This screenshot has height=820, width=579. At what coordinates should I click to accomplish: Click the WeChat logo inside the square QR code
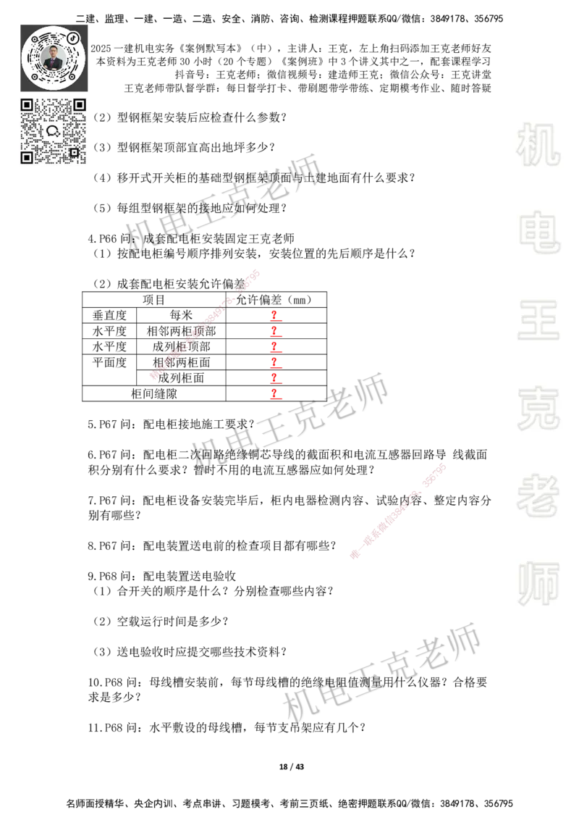pyautogui.click(x=53, y=131)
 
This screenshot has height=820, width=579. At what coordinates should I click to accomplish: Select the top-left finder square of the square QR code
pyautogui.click(x=27, y=105)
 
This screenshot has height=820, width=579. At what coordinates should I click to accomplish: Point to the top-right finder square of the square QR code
pyautogui.click(x=79, y=105)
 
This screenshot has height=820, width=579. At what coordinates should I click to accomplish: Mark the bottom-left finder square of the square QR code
pyautogui.click(x=27, y=157)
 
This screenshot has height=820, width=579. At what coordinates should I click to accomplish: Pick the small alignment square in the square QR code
pyautogui.click(x=73, y=152)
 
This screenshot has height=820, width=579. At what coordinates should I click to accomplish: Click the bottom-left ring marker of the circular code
pyautogui.click(x=35, y=76)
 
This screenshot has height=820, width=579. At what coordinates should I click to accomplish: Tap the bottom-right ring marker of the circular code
pyautogui.click(x=72, y=76)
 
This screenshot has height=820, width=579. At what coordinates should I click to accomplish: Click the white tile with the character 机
pyautogui.click(x=538, y=145)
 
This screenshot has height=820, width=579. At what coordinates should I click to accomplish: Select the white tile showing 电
pyautogui.click(x=541, y=232)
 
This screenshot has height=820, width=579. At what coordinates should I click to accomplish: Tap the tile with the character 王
pyautogui.click(x=538, y=321)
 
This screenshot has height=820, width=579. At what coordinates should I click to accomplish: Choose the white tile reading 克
pyautogui.click(x=538, y=409)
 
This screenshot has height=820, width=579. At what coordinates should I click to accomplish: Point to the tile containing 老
pyautogui.click(x=538, y=495)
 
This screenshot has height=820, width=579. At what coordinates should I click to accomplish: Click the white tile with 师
pyautogui.click(x=538, y=585)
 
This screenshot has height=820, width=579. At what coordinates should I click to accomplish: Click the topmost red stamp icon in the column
pyautogui.click(x=275, y=316)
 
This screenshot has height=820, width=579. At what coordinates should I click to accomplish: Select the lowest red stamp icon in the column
pyautogui.click(x=275, y=395)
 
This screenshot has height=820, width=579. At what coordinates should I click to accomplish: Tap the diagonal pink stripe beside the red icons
pyautogui.click(x=203, y=324)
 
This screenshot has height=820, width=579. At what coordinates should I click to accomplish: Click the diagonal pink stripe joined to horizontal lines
pyautogui.click(x=397, y=510)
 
